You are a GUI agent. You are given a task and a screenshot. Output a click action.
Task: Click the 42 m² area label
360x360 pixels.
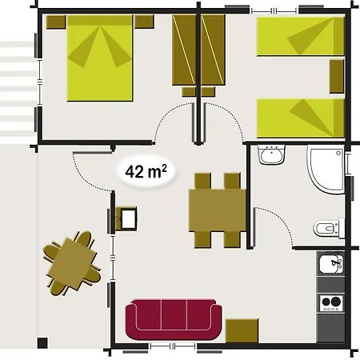tap(146, 171)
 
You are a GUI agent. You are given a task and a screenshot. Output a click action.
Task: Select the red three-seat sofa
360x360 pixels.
tap(174, 319)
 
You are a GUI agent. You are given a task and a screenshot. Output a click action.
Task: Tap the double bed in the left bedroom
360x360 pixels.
tap(99, 58)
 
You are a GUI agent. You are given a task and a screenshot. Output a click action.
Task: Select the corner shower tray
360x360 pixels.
tap(326, 170)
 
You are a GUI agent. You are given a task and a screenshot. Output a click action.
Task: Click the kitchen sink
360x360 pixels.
tap(331, 264)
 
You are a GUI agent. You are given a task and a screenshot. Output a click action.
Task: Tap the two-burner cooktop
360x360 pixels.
tap(331, 303)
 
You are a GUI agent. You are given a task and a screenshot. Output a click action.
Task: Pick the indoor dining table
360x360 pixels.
tap(218, 210)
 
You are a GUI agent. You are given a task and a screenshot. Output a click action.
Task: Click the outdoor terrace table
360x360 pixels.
tap(72, 263)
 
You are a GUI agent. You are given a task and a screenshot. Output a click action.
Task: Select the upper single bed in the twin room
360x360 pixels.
tap(301, 36)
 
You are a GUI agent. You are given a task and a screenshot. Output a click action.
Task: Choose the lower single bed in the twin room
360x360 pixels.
tap(301, 118)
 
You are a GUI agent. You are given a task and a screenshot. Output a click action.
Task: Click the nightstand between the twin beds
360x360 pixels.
tap(337, 76)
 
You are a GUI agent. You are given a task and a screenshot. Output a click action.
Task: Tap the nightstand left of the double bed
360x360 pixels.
tap(56, 22)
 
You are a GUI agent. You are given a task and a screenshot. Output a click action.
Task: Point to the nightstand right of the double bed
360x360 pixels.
tap(144, 22)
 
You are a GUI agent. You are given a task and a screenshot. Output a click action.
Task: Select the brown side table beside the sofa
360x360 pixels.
tap(242, 330)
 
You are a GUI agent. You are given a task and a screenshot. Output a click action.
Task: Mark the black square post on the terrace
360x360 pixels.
tap(42, 342)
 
